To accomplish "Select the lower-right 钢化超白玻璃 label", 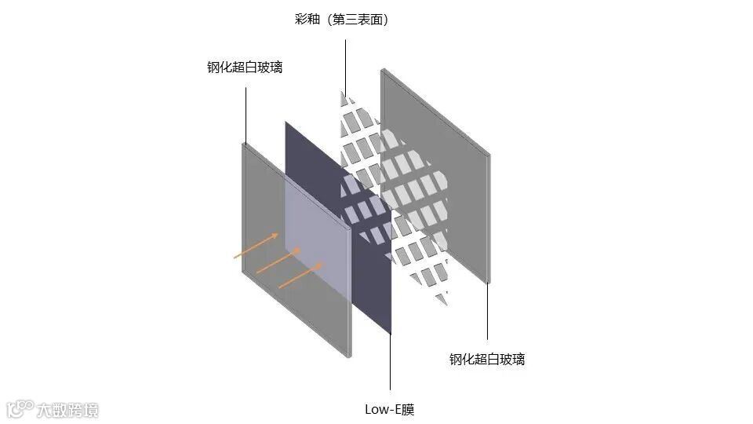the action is point(487,360).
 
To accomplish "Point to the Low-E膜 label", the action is point(390,409).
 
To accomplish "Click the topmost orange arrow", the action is point(257,245).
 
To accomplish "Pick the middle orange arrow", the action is point(279,261).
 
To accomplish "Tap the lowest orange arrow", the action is point(300,274).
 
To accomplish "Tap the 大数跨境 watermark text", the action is point(69,409).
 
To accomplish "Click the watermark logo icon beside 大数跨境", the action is point(20,408).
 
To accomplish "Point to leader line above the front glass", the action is point(246,114).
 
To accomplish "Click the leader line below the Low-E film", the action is point(390,361).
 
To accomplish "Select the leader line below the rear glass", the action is point(488,314).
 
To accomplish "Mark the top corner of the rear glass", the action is point(382,70).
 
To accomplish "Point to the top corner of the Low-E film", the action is point(286,123).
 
